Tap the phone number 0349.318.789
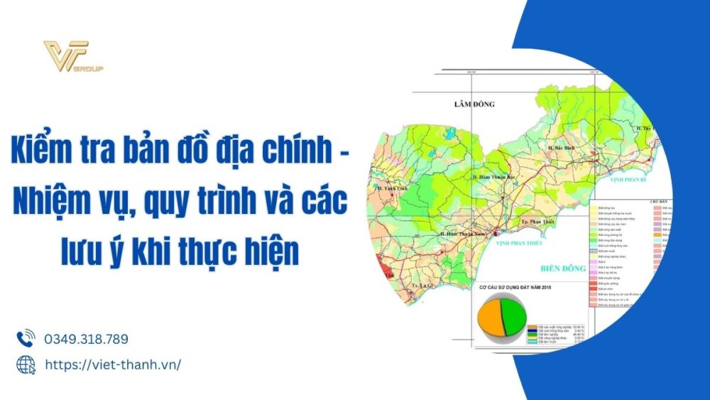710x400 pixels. pyautogui.click(x=86, y=339)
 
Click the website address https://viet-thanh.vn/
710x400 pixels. pyautogui.click(x=113, y=364)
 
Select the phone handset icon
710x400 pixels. pyautogui.click(x=26, y=338)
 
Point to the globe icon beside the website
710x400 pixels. pyautogui.click(x=26, y=364)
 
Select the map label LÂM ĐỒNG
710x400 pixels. pyautogui.click(x=474, y=104)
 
